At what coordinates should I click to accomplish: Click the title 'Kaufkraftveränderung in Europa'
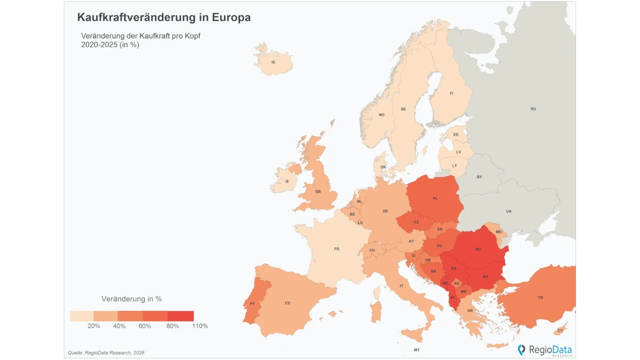click(x=164, y=18)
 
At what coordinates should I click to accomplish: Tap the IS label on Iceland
click(x=273, y=62)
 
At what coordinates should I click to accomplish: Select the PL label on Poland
click(x=435, y=198)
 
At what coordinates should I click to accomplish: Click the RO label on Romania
click(x=478, y=250)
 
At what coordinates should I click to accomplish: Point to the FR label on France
click(x=337, y=249)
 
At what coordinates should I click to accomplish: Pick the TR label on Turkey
click(x=540, y=298)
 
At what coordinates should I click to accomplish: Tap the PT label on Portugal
click(x=252, y=303)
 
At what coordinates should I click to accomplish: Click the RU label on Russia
click(x=533, y=109)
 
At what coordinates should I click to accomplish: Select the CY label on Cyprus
click(x=560, y=331)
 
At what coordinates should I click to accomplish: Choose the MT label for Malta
click(x=417, y=350)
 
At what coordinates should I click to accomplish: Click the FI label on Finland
click(x=451, y=93)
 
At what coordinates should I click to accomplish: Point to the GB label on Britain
click(x=318, y=191)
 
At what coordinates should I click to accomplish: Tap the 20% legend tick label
click(x=94, y=326)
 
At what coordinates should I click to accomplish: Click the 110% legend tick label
click(x=200, y=326)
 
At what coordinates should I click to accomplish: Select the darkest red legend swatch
click(x=181, y=316)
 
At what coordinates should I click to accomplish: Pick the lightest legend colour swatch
click(x=82, y=316)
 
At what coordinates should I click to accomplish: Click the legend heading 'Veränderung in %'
click(x=131, y=299)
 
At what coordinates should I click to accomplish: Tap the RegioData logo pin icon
click(x=522, y=350)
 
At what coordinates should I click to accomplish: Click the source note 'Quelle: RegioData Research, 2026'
click(x=106, y=353)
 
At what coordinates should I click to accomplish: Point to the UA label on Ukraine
click(x=509, y=211)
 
